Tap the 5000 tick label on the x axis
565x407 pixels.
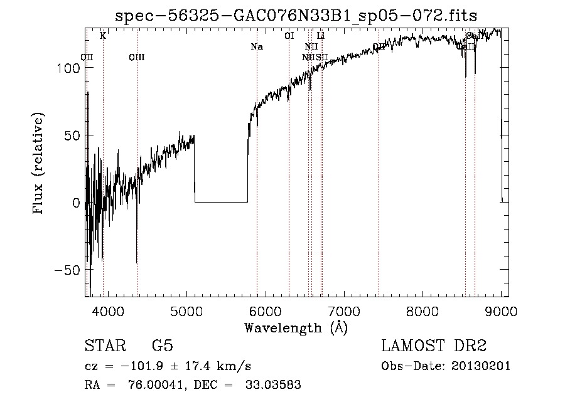(x=186, y=311)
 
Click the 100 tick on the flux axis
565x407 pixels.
(x=69, y=68)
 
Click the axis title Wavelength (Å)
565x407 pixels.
(x=296, y=327)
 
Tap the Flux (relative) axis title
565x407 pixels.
(x=39, y=165)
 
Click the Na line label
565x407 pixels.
(x=256, y=47)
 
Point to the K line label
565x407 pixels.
(x=103, y=36)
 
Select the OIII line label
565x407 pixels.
(x=136, y=58)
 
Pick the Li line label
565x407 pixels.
(x=320, y=36)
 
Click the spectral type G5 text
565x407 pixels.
(x=163, y=346)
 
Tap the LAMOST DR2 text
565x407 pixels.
(x=434, y=346)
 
